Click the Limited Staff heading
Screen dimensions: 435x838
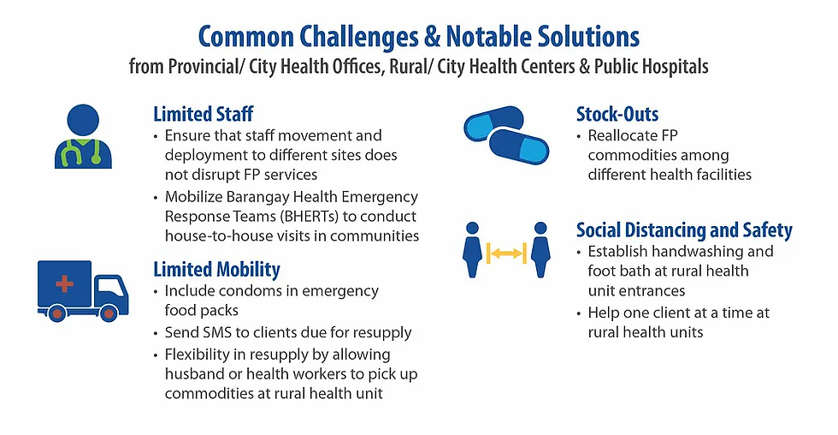click(x=203, y=114)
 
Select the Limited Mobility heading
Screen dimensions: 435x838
click(x=216, y=269)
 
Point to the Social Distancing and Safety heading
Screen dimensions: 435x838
click(x=684, y=229)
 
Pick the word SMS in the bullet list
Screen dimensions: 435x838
click(x=220, y=332)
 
